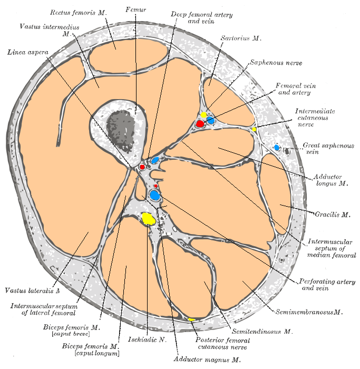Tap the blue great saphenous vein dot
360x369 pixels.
pos(277,148)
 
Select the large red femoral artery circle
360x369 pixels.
pos(200,123)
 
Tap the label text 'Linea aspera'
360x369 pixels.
pos(28,52)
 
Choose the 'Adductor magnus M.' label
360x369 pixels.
pos(207,360)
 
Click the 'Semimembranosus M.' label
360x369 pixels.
pos(309,312)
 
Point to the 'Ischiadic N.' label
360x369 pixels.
pos(147,340)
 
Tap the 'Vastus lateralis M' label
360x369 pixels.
pos(32,290)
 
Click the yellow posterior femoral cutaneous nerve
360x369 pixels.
pos(192,319)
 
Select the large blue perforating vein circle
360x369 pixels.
pos(155,195)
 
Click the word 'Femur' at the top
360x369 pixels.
pos(135,9)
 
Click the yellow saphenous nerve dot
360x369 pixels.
pos(203,115)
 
